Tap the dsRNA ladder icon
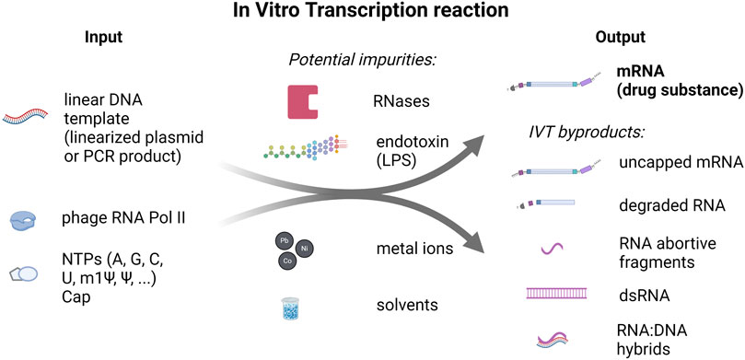click(x=557, y=294)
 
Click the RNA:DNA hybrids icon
click(x=556, y=337)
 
